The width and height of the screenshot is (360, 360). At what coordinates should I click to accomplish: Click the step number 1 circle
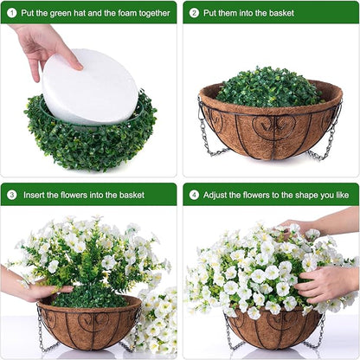tap(12, 13)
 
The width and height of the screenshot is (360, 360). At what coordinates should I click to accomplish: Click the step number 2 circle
tap(194, 13)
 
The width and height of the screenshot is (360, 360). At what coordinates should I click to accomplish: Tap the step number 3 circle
tap(12, 195)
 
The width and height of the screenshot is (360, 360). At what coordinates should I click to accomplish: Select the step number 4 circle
tap(194, 195)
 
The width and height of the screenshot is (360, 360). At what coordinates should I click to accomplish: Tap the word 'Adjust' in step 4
tap(217, 195)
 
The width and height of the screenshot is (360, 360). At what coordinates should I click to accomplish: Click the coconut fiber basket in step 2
tap(270, 130)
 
